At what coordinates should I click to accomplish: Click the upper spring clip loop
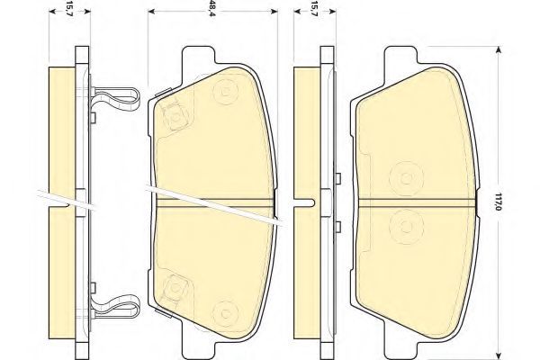pos(116,97)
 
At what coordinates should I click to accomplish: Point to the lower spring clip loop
pos(116,306)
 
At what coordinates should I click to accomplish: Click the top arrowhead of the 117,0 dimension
pos(498,51)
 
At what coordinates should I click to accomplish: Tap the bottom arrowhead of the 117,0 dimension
pos(498,355)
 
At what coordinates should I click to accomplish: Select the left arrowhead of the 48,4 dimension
pos(152,12)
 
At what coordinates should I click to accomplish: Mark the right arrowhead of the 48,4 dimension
pos(274,12)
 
